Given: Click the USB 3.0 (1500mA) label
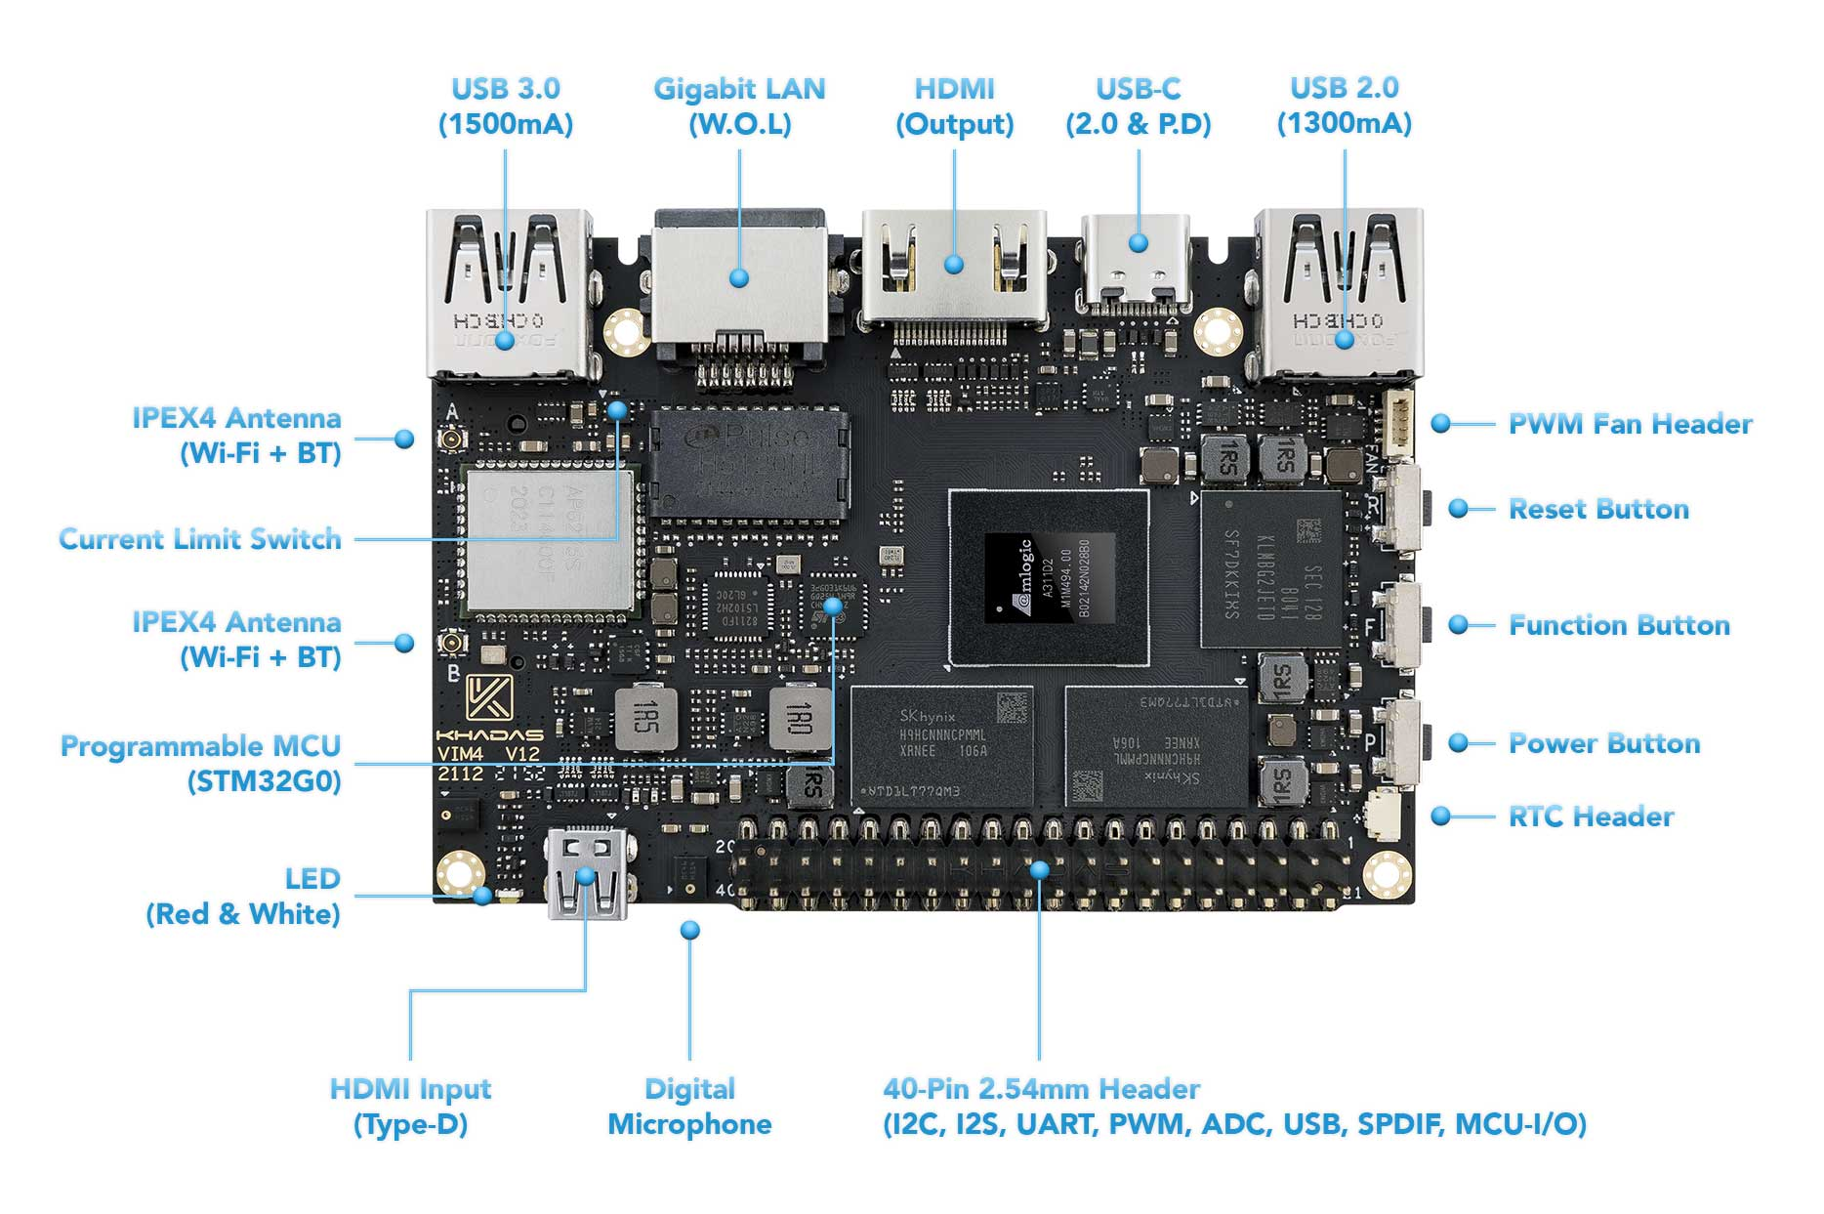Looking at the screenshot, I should (506, 105).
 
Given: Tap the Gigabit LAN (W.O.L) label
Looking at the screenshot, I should (739, 105).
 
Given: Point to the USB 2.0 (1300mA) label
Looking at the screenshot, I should (1345, 105).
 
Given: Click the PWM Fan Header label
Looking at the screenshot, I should (1630, 424).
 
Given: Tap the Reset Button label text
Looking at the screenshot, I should (1598, 509).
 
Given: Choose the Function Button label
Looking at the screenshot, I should (1619, 625).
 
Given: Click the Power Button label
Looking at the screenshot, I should (1604, 743).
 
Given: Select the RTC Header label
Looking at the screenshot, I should (1591, 816).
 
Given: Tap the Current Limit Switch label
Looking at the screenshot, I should (200, 539).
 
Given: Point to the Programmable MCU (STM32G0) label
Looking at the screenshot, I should (201, 763).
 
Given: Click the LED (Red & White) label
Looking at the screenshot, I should (243, 897).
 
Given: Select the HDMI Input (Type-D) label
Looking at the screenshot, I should (410, 1107).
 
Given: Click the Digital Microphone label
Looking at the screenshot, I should (689, 1107).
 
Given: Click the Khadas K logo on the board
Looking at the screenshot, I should (488, 697).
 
